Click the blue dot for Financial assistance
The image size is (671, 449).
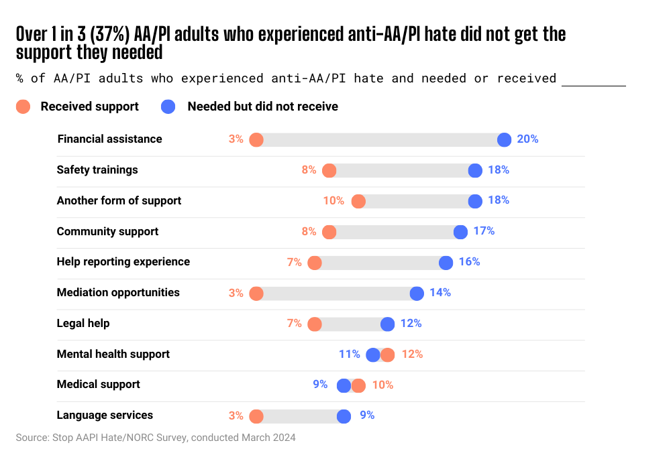coord(504,139)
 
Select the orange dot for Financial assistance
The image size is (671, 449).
coord(256,139)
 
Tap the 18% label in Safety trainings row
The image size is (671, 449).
coord(499,170)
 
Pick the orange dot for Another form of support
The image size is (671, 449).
coord(358,201)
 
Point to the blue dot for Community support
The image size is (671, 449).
coord(460,232)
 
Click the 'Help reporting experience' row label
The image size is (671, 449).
coord(123,262)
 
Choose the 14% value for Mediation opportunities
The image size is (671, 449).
coord(440,293)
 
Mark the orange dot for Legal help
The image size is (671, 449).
coord(315,324)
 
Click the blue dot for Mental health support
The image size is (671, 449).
coord(373,355)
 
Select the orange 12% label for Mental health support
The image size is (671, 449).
coord(412,355)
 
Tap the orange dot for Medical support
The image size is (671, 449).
coord(358,385)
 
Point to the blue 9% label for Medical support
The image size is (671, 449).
coord(321,385)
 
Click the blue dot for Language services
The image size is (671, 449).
coord(344,416)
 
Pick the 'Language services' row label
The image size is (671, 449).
coord(105,415)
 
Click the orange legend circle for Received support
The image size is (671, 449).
coord(23,107)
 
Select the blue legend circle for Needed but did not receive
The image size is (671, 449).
coord(168,107)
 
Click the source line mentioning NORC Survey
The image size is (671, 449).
coord(156,438)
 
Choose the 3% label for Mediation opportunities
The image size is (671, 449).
coord(236,293)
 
